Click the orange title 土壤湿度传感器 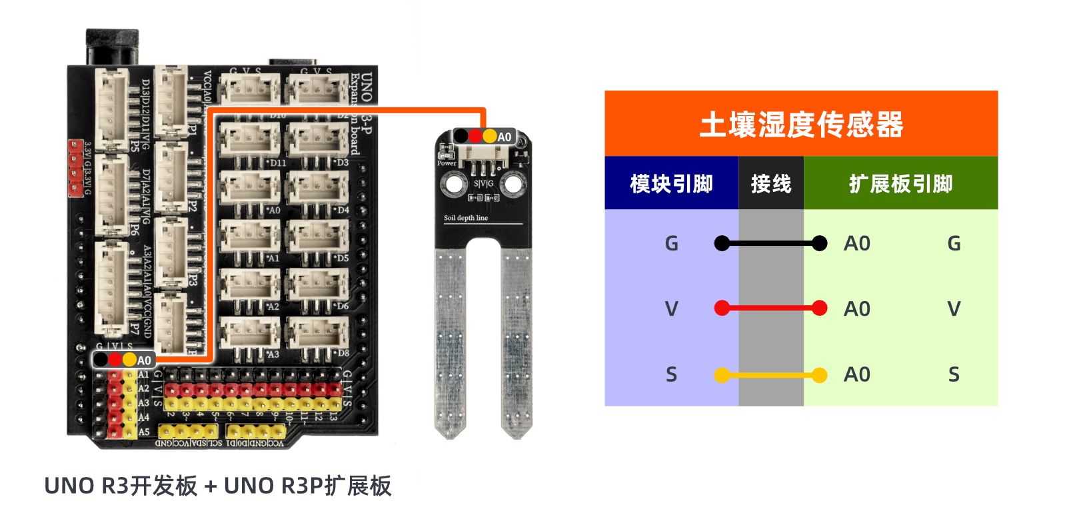coord(800,125)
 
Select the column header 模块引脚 coord(671,184)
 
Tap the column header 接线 coord(770,184)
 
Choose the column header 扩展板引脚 coord(900,184)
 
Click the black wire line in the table coord(770,243)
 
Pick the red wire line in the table coord(770,308)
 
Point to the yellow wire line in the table coord(770,375)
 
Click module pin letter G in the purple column coord(671,243)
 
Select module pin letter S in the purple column coord(671,375)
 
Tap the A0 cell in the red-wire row coord(856,308)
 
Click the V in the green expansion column coord(954,308)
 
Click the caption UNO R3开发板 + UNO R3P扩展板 coord(217,486)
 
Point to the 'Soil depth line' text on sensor coord(466,218)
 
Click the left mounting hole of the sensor coord(455,185)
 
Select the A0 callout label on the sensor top coord(504,137)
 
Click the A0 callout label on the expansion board coord(144,360)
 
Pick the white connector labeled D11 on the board coord(250,141)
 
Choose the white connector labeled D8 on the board coord(318,331)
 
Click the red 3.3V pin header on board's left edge coord(75,169)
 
